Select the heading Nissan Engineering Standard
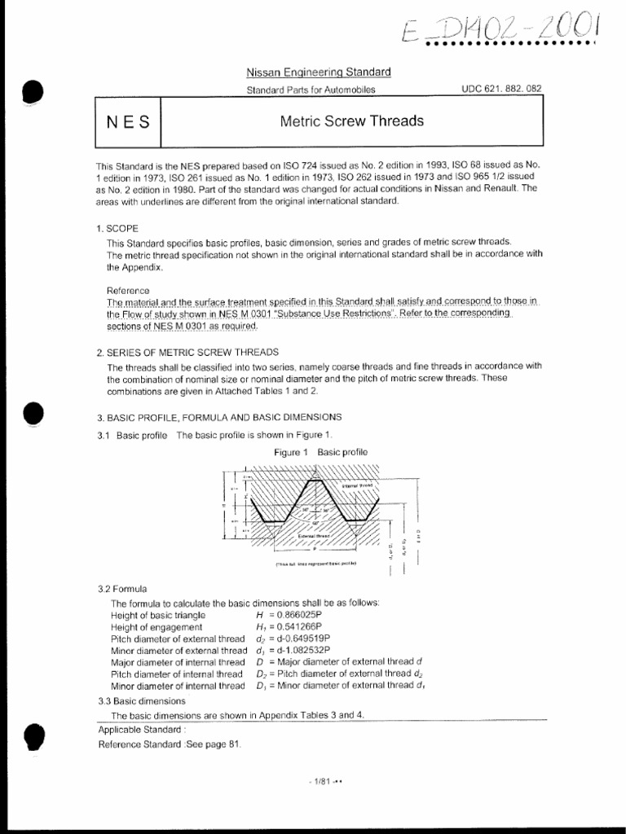coord(320,72)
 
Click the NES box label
coord(129,122)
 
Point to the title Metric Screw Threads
coord(352,121)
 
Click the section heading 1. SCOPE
coord(118,229)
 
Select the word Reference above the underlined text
coord(128,290)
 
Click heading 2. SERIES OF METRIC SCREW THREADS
coord(187,352)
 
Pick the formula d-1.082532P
coord(299,651)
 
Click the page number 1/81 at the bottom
coord(320,782)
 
